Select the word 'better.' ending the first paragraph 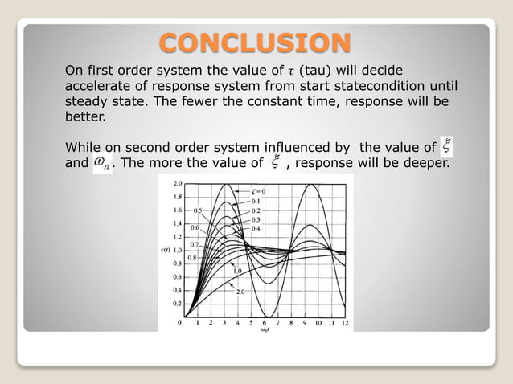(84, 117)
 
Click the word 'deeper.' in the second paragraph (426, 164)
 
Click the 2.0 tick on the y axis (177, 184)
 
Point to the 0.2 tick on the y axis (177, 303)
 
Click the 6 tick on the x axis (266, 322)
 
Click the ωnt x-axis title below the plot (265, 330)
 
